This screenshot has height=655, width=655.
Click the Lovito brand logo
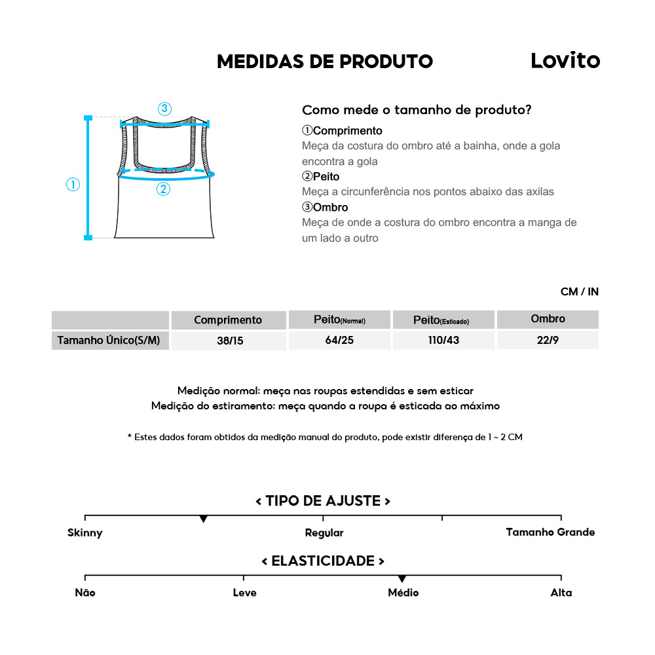(565, 61)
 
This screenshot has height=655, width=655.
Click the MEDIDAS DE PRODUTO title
(324, 62)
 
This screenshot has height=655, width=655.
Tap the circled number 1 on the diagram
(73, 185)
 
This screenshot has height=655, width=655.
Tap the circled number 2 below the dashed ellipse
(163, 189)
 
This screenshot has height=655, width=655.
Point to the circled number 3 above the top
(164, 109)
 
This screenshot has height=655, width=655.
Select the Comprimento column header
(228, 320)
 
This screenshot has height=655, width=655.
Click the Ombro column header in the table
(548, 319)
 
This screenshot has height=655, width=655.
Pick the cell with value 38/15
(230, 341)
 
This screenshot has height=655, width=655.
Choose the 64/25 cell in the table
(339, 341)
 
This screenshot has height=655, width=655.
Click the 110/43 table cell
(443, 341)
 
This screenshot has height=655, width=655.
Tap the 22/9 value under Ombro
(548, 341)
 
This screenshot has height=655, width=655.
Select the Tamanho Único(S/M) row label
(109, 341)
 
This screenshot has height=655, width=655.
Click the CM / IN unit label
(579, 291)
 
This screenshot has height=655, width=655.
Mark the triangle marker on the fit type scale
(204, 519)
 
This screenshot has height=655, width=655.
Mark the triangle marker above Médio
(402, 579)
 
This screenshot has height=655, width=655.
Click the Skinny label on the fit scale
(85, 533)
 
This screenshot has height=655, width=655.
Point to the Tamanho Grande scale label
(550, 532)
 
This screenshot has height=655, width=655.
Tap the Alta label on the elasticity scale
(561, 593)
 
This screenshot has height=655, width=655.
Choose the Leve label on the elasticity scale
(244, 593)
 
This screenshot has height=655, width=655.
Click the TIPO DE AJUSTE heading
(323, 501)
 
